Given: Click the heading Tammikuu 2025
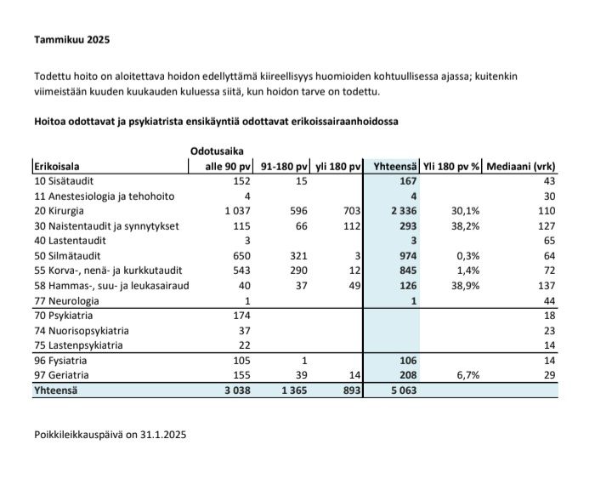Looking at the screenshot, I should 71,40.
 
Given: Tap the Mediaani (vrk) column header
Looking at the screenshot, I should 520,167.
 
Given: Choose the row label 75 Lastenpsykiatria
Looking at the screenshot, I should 78,345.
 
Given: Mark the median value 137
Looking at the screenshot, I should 545,286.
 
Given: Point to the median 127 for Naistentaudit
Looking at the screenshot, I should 545,225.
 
